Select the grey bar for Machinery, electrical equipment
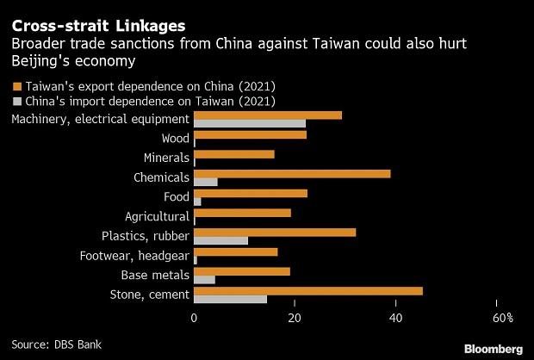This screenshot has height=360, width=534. click(250, 124)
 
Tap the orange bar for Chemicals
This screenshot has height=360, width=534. click(292, 174)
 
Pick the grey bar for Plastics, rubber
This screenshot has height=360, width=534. click(220, 239)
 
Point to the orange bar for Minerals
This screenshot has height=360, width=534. click(234, 154)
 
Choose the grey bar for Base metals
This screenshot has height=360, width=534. click(204, 279)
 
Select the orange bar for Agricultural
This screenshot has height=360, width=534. click(242, 213)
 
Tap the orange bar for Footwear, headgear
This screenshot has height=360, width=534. click(236, 252)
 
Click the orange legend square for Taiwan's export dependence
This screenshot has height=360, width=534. click(16, 87)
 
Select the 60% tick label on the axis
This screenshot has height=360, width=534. click(504, 319)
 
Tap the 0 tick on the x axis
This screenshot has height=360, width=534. click(195, 319)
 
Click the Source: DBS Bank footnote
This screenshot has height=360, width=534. click(56, 344)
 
